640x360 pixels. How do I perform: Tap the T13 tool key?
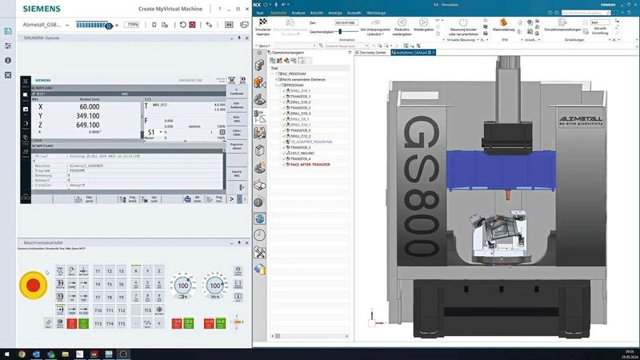pos(98,322)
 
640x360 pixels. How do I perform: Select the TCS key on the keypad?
pos(147,310)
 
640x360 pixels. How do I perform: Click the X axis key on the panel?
pos(135,271)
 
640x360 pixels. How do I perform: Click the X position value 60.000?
pos(89,106)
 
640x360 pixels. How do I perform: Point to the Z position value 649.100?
pos(88,125)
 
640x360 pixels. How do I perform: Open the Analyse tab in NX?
pos(298,13)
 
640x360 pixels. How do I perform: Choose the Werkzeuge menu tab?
pos(376,13)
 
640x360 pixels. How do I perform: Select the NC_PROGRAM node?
pos(294,73)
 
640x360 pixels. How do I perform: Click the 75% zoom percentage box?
pos(131,25)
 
